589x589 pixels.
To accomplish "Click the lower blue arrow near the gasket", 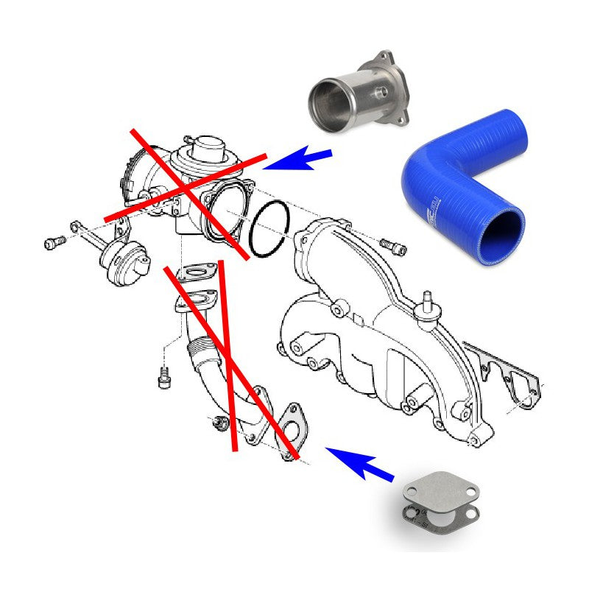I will pyautogui.click(x=361, y=464).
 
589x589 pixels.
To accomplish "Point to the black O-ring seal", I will pyautogui.click(x=269, y=230).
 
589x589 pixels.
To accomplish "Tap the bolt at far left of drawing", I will pyautogui.click(x=54, y=241).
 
